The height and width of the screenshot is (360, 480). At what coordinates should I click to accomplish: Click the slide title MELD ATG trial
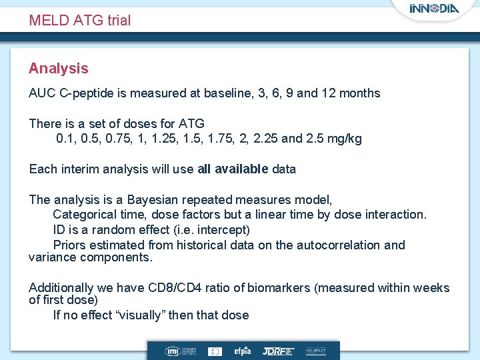[79, 20]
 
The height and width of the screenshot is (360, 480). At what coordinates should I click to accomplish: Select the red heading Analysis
[58, 68]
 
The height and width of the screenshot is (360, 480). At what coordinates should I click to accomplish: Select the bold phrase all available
[233, 169]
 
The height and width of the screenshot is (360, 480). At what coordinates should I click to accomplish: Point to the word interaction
[395, 215]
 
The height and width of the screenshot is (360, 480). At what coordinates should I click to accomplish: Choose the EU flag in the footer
[215, 351]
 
